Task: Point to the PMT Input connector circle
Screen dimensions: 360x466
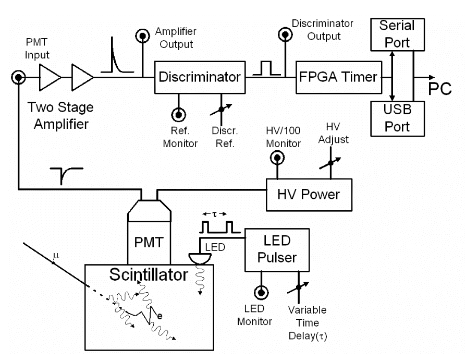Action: tap(18, 78)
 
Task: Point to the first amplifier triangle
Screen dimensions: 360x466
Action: tap(50, 78)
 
